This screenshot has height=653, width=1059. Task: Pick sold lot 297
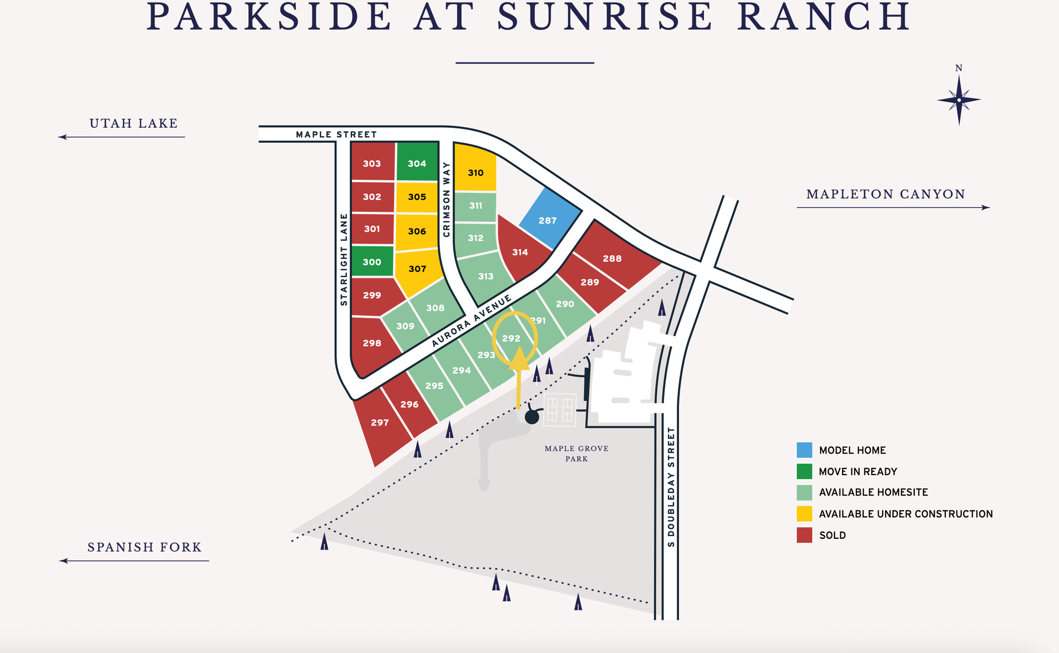click(380, 423)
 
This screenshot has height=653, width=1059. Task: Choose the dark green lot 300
click(372, 262)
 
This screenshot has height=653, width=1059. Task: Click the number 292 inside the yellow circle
click(511, 338)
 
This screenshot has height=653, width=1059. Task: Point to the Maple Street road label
click(336, 134)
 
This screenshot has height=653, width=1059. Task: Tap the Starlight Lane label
click(343, 260)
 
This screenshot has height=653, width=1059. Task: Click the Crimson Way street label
click(447, 199)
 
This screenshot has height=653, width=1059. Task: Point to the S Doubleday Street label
click(671, 486)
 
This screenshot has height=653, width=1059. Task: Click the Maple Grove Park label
click(577, 453)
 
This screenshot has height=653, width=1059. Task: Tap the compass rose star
click(959, 100)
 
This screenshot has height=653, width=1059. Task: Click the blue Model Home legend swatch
click(804, 450)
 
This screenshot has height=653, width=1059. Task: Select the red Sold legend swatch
click(804, 535)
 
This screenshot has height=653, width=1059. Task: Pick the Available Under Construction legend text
click(905, 514)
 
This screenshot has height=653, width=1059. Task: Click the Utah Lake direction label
click(133, 124)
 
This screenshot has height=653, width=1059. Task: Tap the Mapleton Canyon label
click(886, 194)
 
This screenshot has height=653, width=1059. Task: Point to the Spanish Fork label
click(144, 547)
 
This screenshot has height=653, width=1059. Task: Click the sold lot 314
click(520, 252)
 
